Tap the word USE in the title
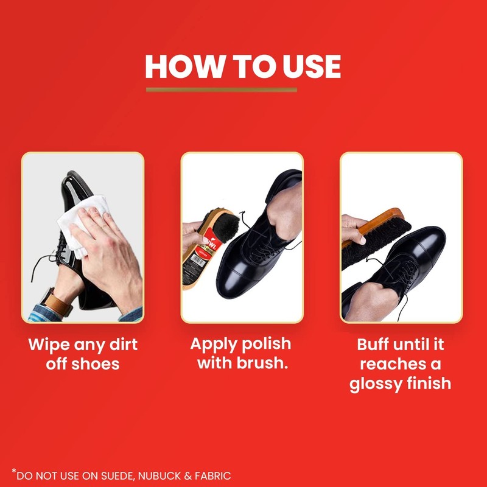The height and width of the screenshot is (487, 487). pyautogui.click(x=307, y=67)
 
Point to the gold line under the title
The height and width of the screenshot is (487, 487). pyautogui.click(x=222, y=89)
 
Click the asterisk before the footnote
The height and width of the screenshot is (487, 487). pyautogui.click(x=13, y=471)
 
